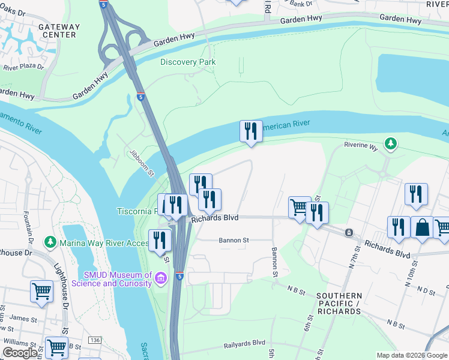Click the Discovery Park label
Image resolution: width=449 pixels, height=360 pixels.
pos(187,62)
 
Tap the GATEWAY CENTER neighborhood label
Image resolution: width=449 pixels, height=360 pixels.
pos(58,31)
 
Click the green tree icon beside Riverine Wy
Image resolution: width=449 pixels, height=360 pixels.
pos(391,143)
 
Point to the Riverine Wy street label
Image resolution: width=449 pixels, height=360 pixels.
pos(360,145)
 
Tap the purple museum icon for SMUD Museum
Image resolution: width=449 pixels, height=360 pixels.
pos(161,278)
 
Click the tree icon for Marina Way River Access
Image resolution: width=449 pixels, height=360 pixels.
pos(50,242)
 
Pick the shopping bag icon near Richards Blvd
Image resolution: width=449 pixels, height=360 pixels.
pos(422,228)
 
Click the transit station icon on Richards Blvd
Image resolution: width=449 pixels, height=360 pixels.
pos(348,232)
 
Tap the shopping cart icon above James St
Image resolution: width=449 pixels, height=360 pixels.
pos(41,291)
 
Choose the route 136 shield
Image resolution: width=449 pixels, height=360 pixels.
pos(95,341)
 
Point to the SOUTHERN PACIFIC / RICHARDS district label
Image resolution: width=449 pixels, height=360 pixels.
pos(339,304)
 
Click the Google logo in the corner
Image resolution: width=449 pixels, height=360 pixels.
pos(20,353)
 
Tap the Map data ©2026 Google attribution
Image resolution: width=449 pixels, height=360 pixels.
pos(411,355)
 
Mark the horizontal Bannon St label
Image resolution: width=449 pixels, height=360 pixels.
pos(234,240)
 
